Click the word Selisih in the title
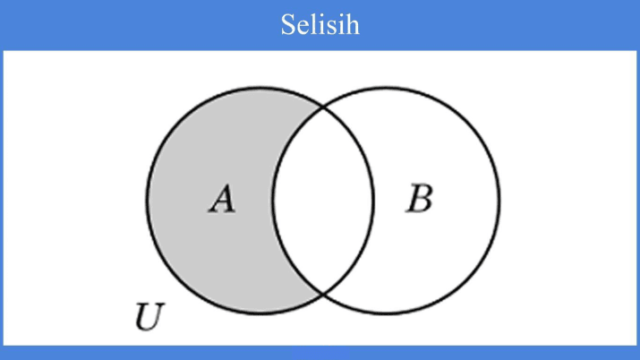[320, 24]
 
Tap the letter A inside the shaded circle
[221, 199]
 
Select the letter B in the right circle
[418, 199]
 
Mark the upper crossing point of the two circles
[323, 108]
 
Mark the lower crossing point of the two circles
[323, 292]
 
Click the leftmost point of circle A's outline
[148, 200]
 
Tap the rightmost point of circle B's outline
[499, 200]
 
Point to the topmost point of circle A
[260, 87]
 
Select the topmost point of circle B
[386, 87]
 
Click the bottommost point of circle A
[260, 313]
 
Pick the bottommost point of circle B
[386, 313]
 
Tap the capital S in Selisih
[287, 24]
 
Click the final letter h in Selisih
[353, 24]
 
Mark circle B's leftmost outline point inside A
[273, 200]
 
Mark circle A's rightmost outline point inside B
[373, 200]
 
